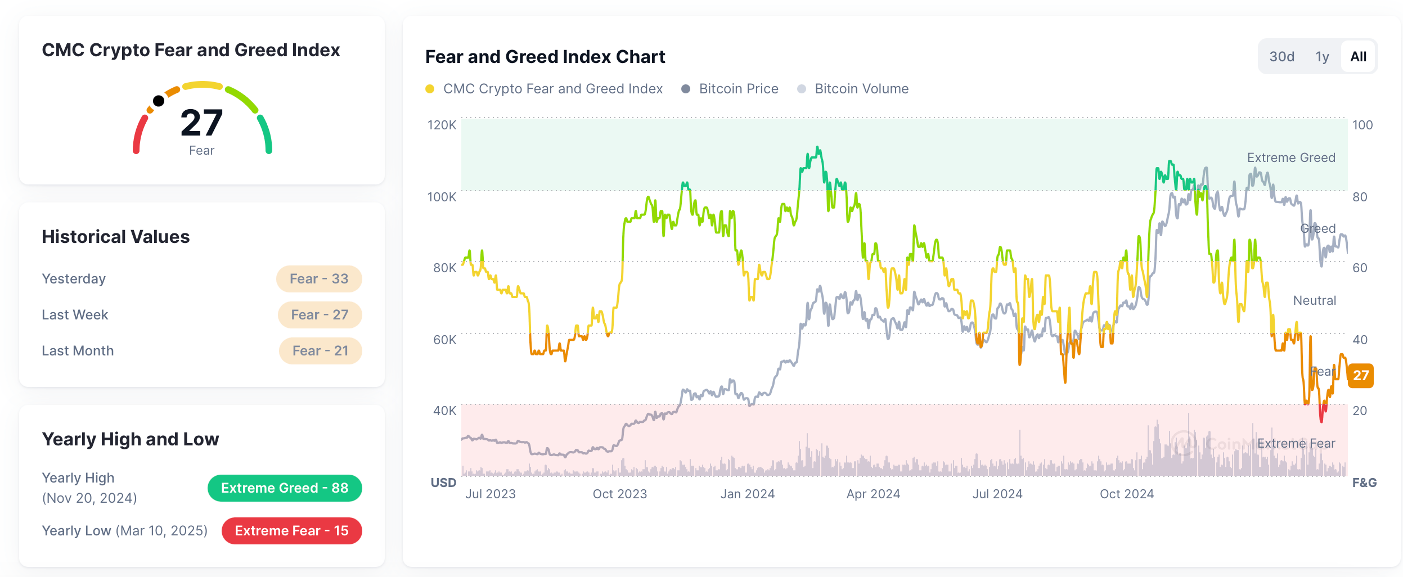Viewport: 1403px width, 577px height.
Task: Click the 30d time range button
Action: [1281, 57]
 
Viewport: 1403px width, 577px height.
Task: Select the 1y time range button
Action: [1321, 57]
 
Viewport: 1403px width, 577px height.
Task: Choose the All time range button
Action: [1358, 57]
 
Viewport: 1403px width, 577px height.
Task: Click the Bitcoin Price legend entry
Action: [738, 89]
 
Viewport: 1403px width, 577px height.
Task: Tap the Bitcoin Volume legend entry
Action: [861, 89]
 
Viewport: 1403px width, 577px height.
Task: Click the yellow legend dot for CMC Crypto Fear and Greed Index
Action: [430, 89]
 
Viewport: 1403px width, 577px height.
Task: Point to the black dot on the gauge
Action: [159, 101]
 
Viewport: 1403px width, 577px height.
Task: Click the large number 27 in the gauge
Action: [201, 123]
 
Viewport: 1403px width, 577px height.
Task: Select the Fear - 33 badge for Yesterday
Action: [319, 279]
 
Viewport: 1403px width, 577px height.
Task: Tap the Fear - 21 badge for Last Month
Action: [320, 351]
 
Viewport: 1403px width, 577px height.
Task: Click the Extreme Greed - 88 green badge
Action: [285, 488]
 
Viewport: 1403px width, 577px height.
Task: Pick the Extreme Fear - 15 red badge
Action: [291, 531]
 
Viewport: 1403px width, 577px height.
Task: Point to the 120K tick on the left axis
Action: [442, 125]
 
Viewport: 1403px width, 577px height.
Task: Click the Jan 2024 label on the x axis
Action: [747, 494]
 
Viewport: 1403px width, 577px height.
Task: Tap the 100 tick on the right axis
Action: [1362, 125]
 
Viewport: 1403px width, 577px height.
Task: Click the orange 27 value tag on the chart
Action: [1360, 376]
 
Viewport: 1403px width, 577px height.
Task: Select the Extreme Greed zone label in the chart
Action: [1290, 158]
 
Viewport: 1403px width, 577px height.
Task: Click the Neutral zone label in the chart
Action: [1314, 300]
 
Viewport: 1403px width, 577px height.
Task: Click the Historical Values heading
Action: [116, 237]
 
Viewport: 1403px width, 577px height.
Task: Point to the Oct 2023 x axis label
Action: [619, 494]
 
